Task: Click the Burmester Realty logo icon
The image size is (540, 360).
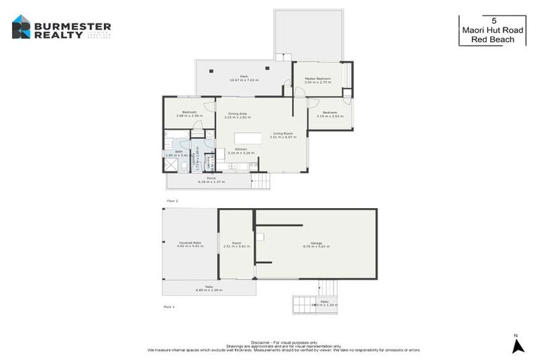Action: pyautogui.click(x=22, y=27)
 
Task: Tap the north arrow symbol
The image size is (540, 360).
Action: pyautogui.click(x=518, y=345)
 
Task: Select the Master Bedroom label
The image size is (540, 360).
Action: pyautogui.click(x=317, y=80)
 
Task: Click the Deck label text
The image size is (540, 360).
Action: pyautogui.click(x=244, y=78)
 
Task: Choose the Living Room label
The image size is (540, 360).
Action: pyautogui.click(x=283, y=135)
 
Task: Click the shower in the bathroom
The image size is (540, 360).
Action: pyautogui.click(x=171, y=165)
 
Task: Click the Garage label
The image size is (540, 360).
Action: pyautogui.click(x=316, y=245)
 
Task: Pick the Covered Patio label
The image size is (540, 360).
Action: pyautogui.click(x=190, y=245)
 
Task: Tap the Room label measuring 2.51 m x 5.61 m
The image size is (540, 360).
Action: pyautogui.click(x=236, y=245)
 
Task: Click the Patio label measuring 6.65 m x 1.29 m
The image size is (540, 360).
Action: pyautogui.click(x=209, y=288)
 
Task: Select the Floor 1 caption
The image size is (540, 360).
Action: pyautogui.click(x=169, y=307)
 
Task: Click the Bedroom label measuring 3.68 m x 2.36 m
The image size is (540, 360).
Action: pyautogui.click(x=189, y=113)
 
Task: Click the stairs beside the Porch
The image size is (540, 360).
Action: pyautogui.click(x=261, y=181)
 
